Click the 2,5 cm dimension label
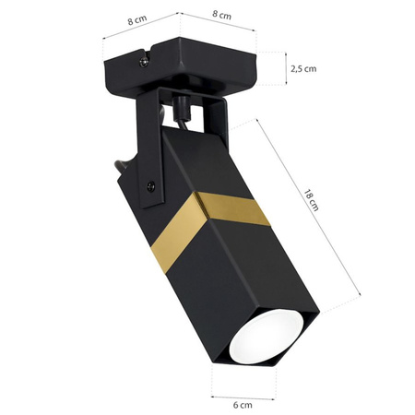pyautogui.click(x=303, y=69)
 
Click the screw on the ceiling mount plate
pyautogui.click(x=142, y=62)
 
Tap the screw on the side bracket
pyautogui.click(x=150, y=184)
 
